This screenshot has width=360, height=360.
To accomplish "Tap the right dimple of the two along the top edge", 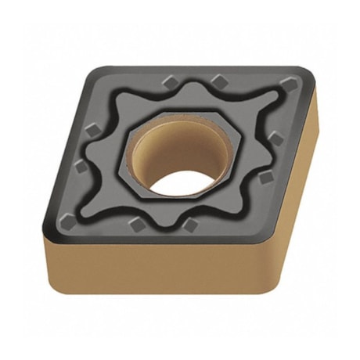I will click(220, 79).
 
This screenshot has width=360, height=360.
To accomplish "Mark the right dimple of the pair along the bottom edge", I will click(190, 225).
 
